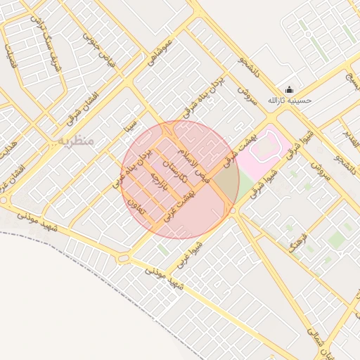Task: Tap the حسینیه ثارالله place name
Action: click(290, 101)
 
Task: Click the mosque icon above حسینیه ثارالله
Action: click(290, 89)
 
